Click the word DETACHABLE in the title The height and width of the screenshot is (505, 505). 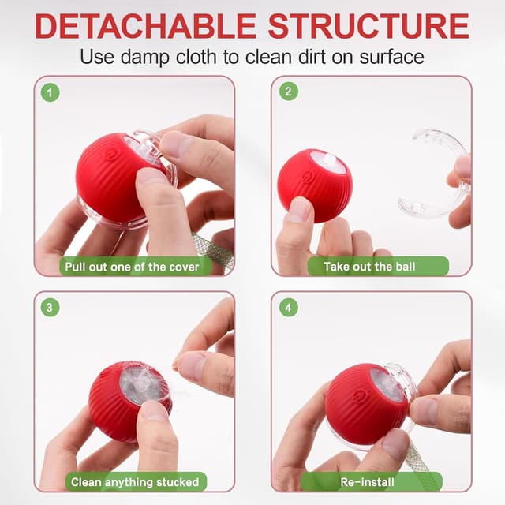pyautogui.click(x=147, y=25)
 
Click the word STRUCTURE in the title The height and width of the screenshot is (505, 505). pyautogui.click(x=368, y=25)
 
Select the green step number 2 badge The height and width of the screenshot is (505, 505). pyautogui.click(x=288, y=92)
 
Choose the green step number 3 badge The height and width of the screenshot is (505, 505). pyautogui.click(x=51, y=308)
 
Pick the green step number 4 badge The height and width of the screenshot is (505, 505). pyautogui.click(x=288, y=308)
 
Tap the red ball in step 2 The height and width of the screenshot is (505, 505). pyautogui.click(x=313, y=183)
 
